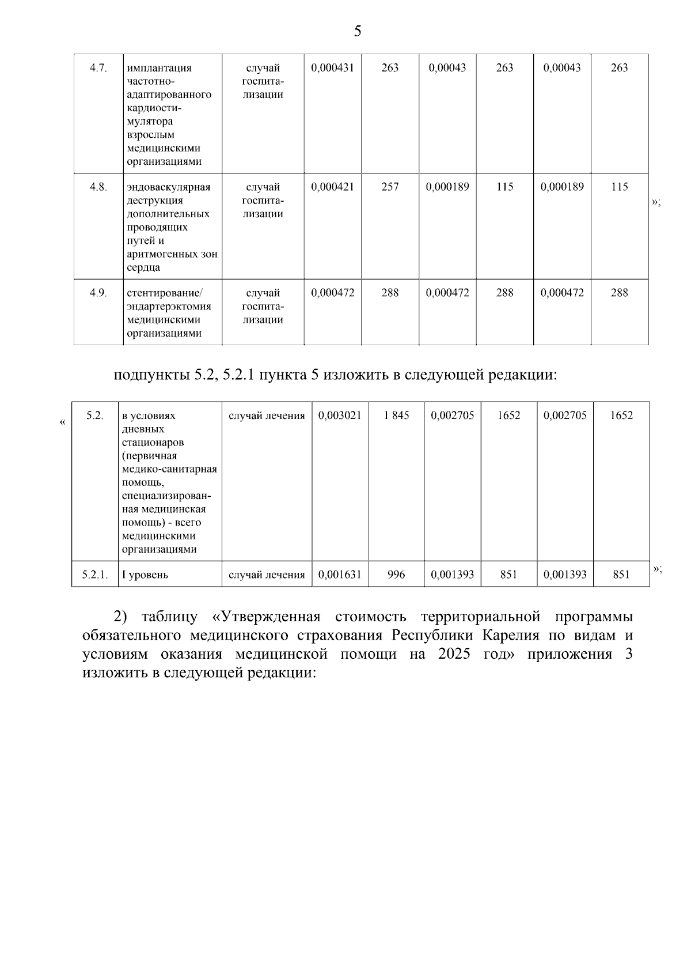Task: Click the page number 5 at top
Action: pyautogui.click(x=357, y=32)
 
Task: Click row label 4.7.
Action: pyautogui.click(x=98, y=68)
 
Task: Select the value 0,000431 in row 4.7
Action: pyautogui.click(x=332, y=68)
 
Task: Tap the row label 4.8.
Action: pyautogui.click(x=98, y=187)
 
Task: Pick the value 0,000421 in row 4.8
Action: pyautogui.click(x=332, y=187)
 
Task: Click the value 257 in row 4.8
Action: pyautogui.click(x=390, y=187)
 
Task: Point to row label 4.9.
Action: pyautogui.click(x=98, y=293)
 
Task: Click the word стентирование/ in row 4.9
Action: pyautogui.click(x=165, y=293)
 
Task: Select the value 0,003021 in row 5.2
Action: pyautogui.click(x=340, y=416)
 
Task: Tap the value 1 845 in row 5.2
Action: pyautogui.click(x=396, y=416)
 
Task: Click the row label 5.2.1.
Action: pyautogui.click(x=94, y=575)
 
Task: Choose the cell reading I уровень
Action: pyautogui.click(x=145, y=575)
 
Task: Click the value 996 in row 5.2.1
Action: pyautogui.click(x=396, y=575)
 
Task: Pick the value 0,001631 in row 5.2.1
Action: pyautogui.click(x=340, y=575)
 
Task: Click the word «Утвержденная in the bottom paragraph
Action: pyautogui.click(x=265, y=617)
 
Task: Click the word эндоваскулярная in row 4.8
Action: pyautogui.click(x=169, y=187)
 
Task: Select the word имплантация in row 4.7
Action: pyautogui.click(x=159, y=68)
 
